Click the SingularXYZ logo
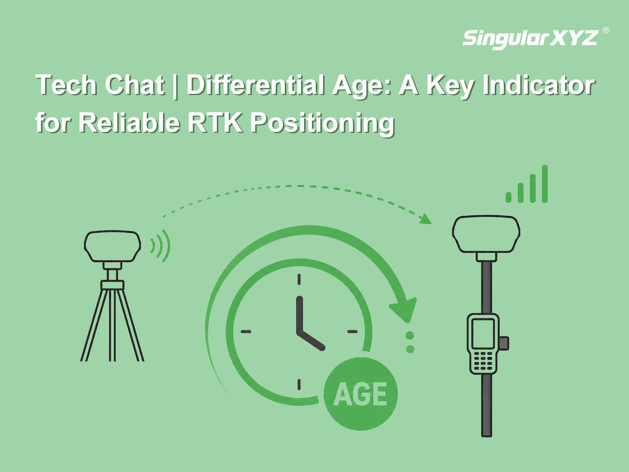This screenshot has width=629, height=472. tap(530, 39)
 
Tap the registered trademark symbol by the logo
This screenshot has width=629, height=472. tap(606, 30)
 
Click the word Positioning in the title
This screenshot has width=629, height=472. tap(322, 124)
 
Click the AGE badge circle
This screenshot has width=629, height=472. tap(360, 394)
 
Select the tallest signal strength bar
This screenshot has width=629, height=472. tap(545, 184)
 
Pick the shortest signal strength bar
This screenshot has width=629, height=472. tap(509, 197)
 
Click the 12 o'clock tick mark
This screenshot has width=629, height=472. tap(299, 279)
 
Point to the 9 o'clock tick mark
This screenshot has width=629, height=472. tap(246, 332)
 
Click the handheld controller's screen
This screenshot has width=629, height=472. tap(483, 333)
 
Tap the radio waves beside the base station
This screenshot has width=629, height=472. tap(160, 246)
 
